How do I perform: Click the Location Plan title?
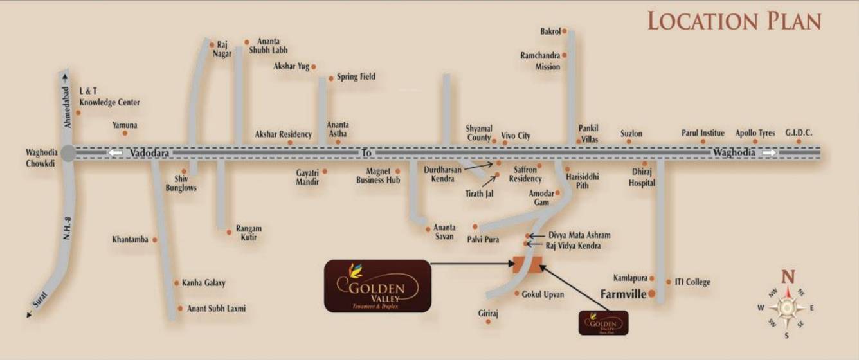(734, 21)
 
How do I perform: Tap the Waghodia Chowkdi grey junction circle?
(68, 153)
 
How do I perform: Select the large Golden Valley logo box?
(377, 286)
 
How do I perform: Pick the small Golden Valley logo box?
(603, 323)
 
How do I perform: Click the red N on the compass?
(788, 277)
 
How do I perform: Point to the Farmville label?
(623, 294)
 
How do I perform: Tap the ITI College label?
(692, 282)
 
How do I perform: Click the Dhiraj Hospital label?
(642, 177)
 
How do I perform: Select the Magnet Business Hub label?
(378, 175)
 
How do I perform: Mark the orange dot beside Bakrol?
(565, 31)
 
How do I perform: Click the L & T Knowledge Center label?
(109, 97)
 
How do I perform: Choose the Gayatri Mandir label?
(307, 177)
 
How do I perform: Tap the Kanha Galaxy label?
(203, 283)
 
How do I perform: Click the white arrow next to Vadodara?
(116, 153)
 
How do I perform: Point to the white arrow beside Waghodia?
(769, 153)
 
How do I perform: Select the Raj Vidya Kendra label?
(573, 246)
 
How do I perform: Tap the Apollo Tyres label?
(755, 133)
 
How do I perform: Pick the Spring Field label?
(356, 77)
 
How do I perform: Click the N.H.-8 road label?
(66, 226)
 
